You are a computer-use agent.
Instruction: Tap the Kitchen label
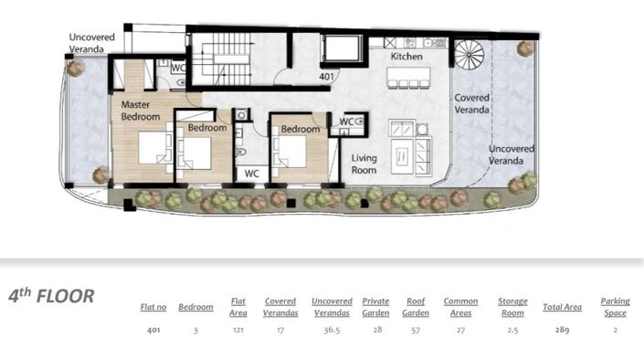pyautogui.click(x=406, y=57)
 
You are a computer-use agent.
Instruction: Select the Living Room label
pyautogui.click(x=364, y=164)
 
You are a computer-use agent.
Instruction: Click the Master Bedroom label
pyautogui.click(x=141, y=111)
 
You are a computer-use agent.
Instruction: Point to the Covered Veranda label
pyautogui.click(x=472, y=103)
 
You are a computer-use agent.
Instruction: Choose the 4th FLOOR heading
pyautogui.click(x=51, y=296)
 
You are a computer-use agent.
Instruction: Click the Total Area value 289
pyautogui.click(x=562, y=331)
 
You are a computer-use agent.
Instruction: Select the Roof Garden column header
pyautogui.click(x=416, y=306)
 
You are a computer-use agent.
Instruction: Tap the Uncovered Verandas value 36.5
pyautogui.click(x=332, y=331)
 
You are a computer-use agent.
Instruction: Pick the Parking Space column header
pyautogui.click(x=615, y=306)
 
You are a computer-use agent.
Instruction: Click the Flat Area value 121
pyautogui.click(x=238, y=331)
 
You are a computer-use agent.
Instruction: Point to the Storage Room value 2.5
pyautogui.click(x=512, y=331)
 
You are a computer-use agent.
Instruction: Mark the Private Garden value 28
pyautogui.click(x=375, y=331)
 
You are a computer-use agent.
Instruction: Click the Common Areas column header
pyautogui.click(x=460, y=306)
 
